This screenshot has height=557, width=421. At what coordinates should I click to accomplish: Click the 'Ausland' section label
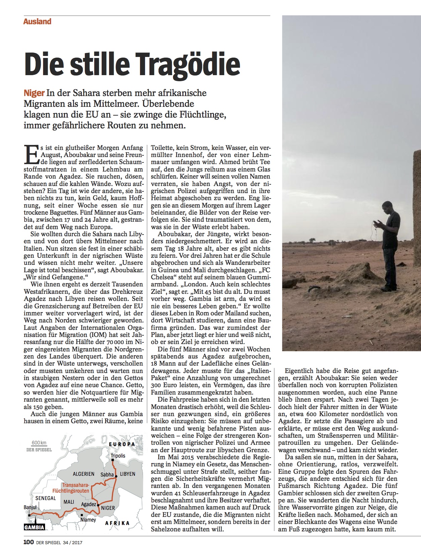pyautogui.click(x=37, y=22)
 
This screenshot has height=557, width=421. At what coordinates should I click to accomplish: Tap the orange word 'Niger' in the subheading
pyautogui.click(x=34, y=93)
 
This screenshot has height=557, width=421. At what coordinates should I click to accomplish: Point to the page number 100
pyautogui.click(x=28, y=543)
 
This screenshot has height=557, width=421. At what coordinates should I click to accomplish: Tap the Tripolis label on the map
pyautogui.click(x=118, y=456)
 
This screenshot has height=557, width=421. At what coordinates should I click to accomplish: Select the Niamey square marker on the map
pyautogui.click(x=82, y=515)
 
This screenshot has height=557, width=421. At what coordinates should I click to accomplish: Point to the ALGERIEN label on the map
pyautogui.click(x=83, y=474)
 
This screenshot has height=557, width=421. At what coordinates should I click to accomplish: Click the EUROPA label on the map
pyautogui.click(x=122, y=444)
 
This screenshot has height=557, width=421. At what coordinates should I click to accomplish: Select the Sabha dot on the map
pyautogui.click(x=116, y=477)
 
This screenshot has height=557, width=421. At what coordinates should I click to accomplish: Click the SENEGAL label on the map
pyautogui.click(x=46, y=498)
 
